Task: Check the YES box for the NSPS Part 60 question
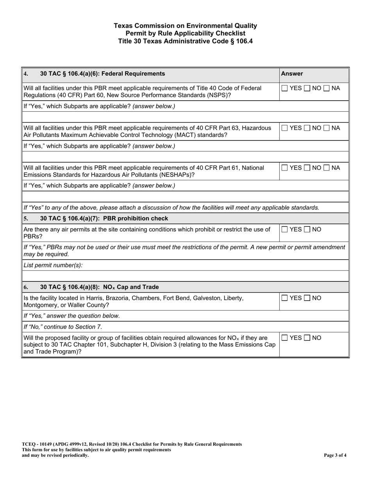click(285, 88)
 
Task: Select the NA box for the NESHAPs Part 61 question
click(326, 168)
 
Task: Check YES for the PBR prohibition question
click(285, 229)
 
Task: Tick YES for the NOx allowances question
click(285, 338)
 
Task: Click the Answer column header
click(292, 73)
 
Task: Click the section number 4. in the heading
click(26, 73)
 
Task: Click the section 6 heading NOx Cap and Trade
click(99, 287)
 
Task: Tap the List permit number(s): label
click(53, 265)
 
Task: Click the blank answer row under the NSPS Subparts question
click(185, 116)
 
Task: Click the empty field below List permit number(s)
click(185, 276)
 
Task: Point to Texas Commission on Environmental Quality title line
click(185, 26)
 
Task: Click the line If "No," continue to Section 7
click(63, 327)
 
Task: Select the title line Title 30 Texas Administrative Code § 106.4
click(185, 41)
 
